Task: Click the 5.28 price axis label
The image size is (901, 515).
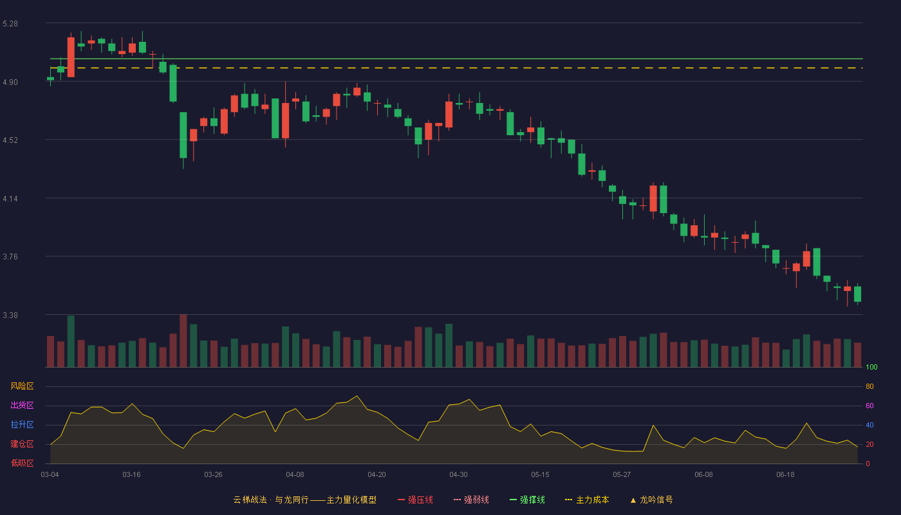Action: point(10,24)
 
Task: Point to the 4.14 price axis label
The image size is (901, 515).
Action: point(10,199)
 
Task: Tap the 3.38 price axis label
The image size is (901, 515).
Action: point(10,315)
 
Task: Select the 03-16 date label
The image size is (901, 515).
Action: point(131,475)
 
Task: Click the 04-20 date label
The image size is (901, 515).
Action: point(376,475)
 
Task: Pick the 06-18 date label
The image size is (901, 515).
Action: point(785,475)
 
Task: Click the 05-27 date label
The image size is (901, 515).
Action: point(622,475)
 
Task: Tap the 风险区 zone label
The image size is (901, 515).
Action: point(22,386)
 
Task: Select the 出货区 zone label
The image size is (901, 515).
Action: point(22,405)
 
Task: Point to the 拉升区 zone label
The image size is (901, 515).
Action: point(22,424)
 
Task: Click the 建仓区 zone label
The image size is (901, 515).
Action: point(22,444)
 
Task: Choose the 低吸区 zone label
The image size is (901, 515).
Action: point(22,463)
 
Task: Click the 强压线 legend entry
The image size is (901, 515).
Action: point(416,500)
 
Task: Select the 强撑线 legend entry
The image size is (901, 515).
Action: point(527,500)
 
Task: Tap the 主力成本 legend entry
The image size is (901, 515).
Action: point(587,500)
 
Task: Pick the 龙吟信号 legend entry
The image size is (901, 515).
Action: point(651,500)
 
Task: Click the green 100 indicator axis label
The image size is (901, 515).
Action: point(871,367)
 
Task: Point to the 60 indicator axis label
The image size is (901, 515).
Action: point(869,406)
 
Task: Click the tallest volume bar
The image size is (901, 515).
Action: point(183,341)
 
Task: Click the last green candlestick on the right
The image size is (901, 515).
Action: point(857,294)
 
